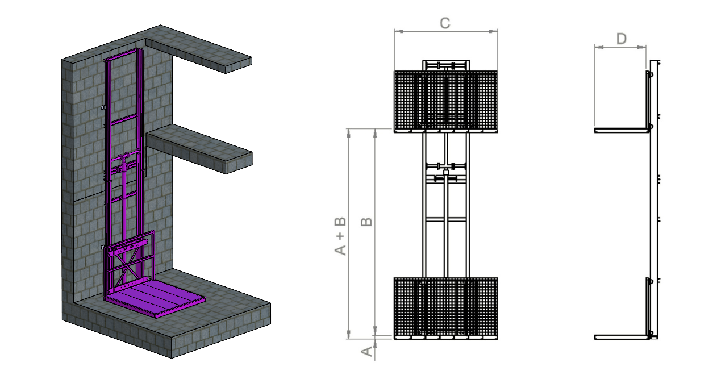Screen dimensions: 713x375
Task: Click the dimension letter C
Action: [x=445, y=23]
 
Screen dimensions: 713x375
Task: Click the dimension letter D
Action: [x=622, y=39]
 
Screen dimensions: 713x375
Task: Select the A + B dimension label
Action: [x=340, y=236]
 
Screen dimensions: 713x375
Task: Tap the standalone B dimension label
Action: [x=366, y=222]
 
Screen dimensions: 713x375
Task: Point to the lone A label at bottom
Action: [x=366, y=351]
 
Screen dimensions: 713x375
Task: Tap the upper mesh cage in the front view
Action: [x=445, y=101]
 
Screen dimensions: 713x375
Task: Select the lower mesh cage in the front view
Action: [x=445, y=308]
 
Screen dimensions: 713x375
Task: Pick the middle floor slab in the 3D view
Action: [x=199, y=149]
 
